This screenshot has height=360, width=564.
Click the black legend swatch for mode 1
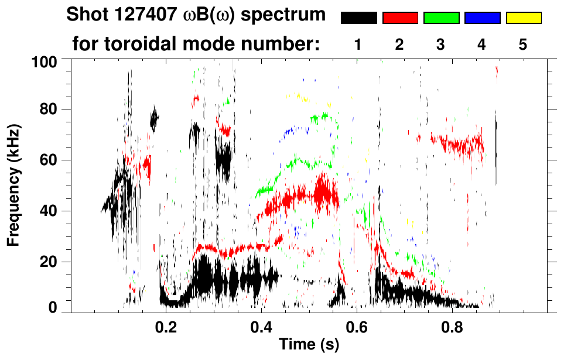click(x=358, y=18)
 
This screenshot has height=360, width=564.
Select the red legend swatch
click(x=400, y=18)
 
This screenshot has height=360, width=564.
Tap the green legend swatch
click(x=441, y=18)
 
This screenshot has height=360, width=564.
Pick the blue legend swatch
click(x=483, y=18)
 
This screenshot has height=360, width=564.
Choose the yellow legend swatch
click(x=524, y=18)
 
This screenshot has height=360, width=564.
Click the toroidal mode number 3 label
click(x=441, y=45)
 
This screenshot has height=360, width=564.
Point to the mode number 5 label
click(x=523, y=45)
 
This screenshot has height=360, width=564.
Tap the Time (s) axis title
click(x=308, y=345)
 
